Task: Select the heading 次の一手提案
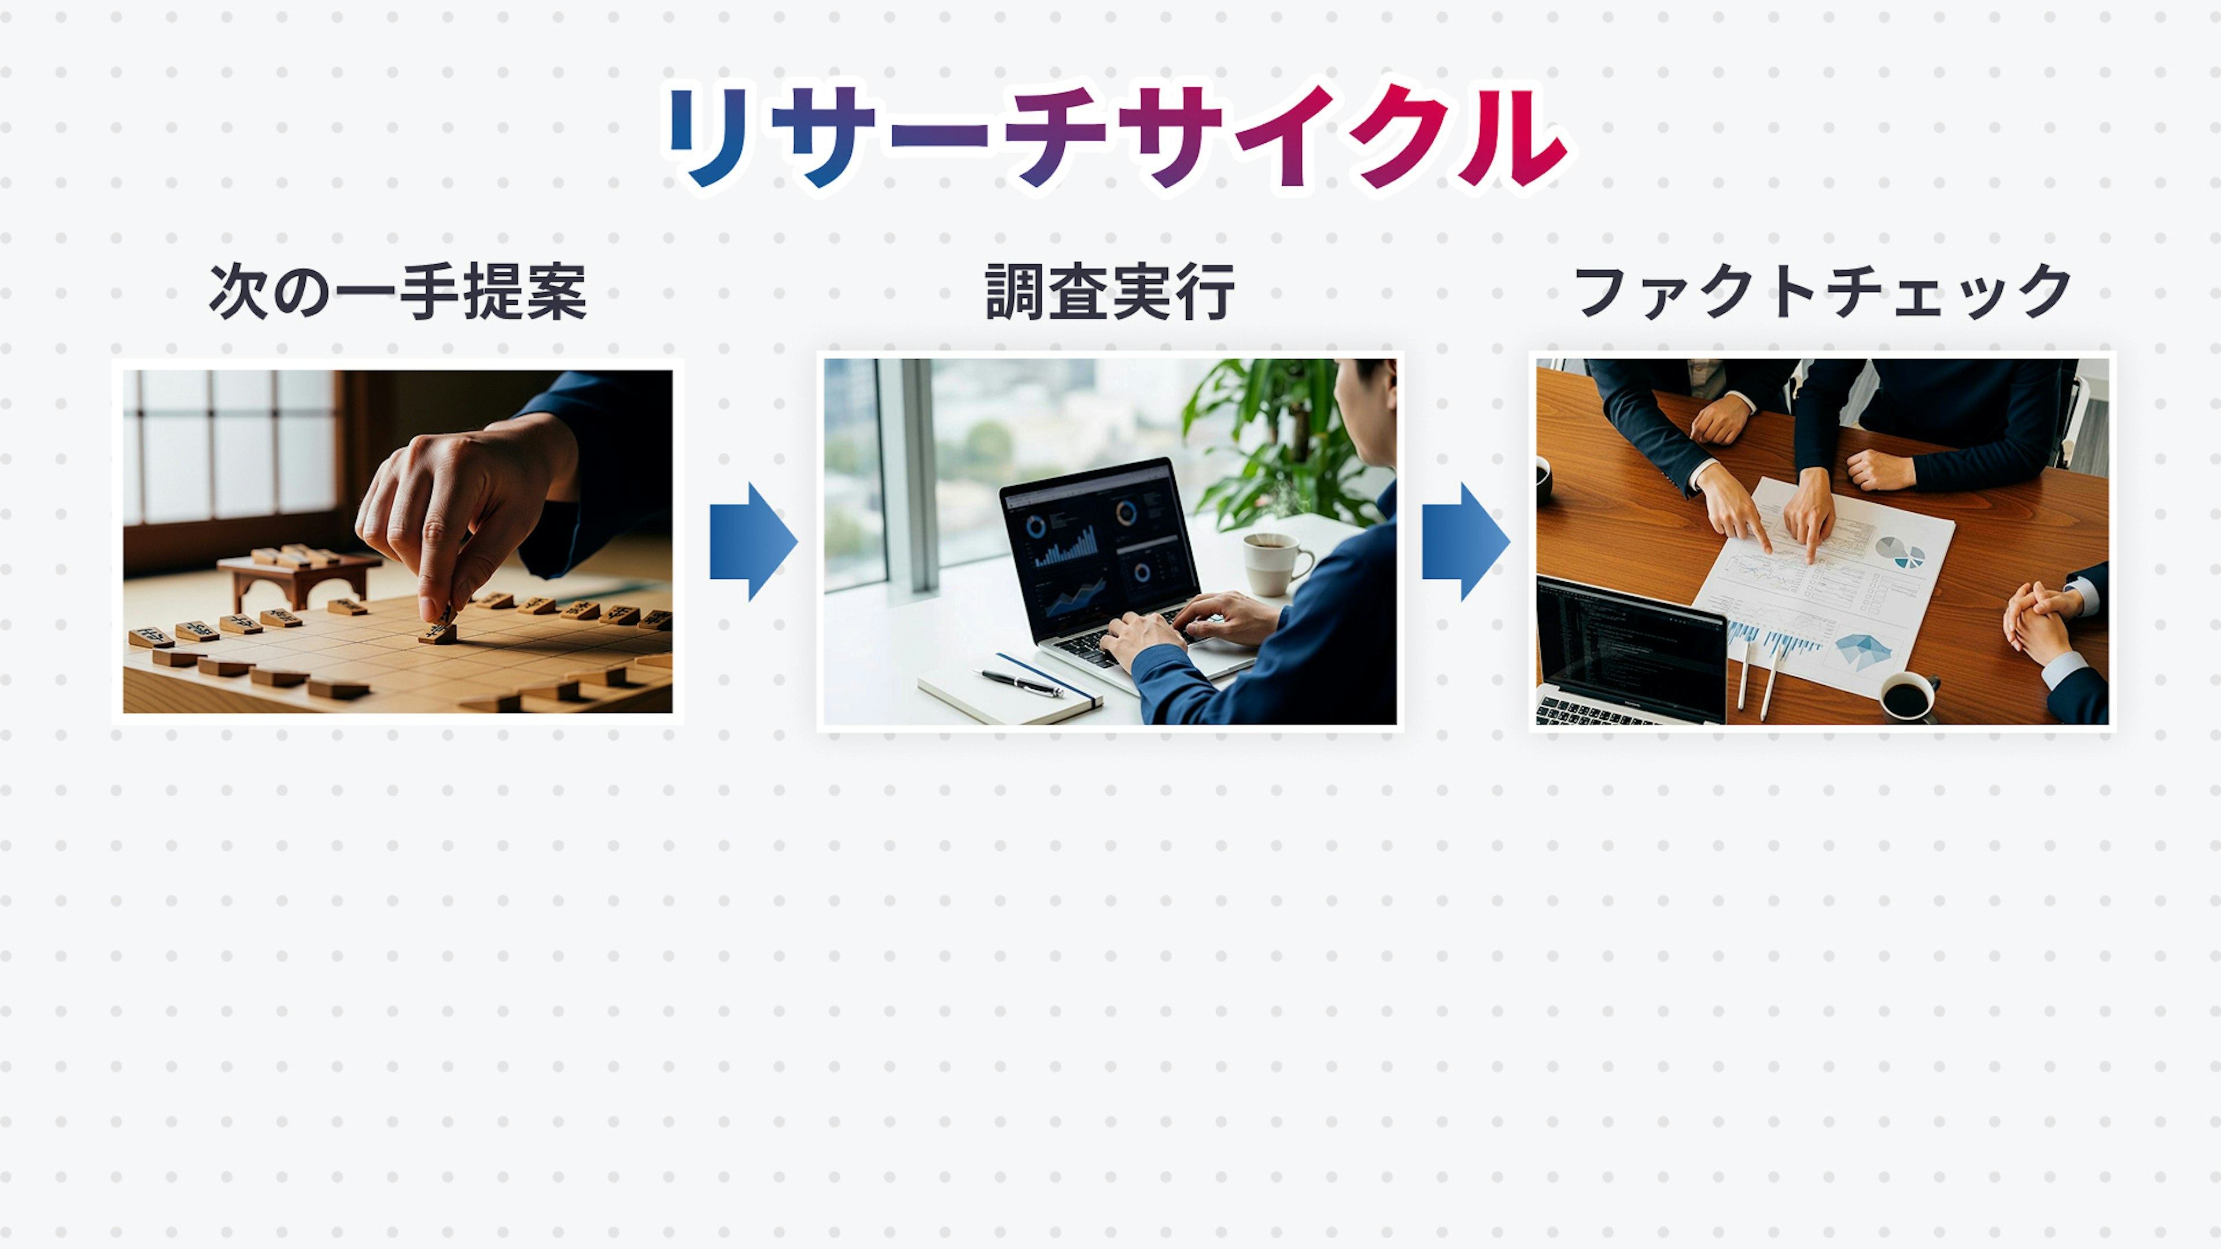(x=397, y=291)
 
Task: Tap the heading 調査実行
(x=1110, y=291)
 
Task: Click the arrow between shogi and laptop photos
(x=752, y=541)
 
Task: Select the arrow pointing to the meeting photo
(x=1466, y=541)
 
